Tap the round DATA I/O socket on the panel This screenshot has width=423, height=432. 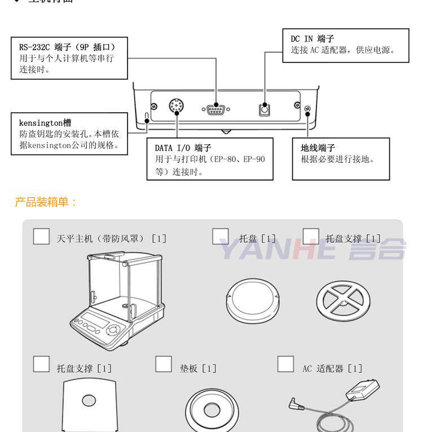pyautogui.click(x=177, y=106)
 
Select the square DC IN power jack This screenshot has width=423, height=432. pyautogui.click(x=264, y=109)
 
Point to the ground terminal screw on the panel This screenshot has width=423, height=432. pyautogui.click(x=307, y=109)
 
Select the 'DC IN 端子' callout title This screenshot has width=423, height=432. pyautogui.click(x=312, y=39)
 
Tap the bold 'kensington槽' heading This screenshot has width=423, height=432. pyautogui.click(x=46, y=122)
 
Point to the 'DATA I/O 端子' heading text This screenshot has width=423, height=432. pyautogui.click(x=183, y=148)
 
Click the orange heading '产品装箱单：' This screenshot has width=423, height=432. pyautogui.click(x=45, y=202)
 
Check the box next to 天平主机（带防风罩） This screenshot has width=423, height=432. pyautogui.click(x=41, y=236)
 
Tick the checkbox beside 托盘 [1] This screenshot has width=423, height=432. pyautogui.click(x=221, y=236)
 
